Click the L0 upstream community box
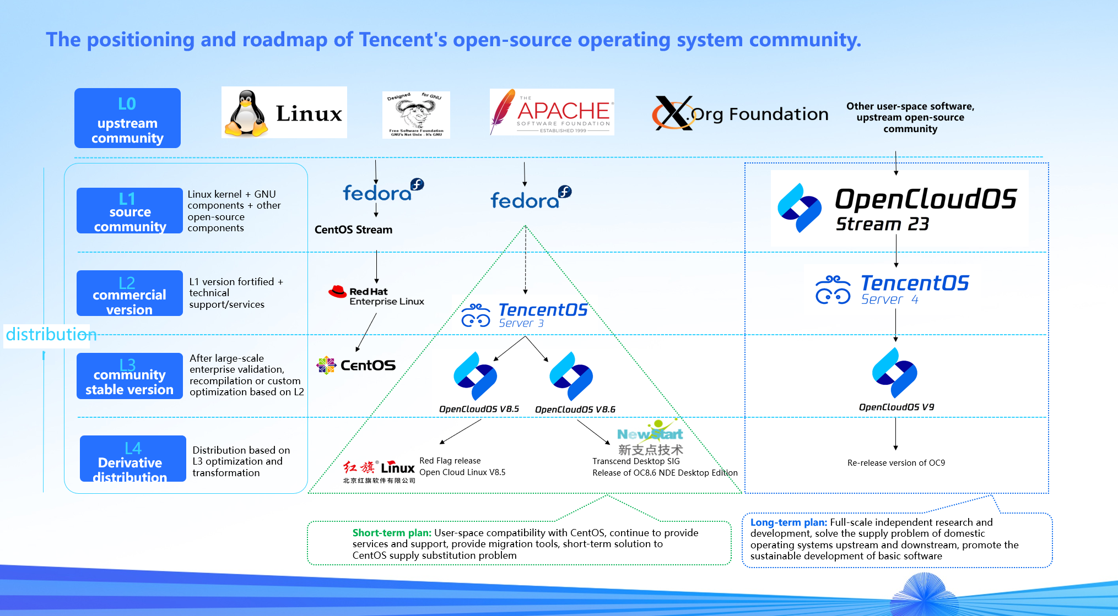click(127, 118)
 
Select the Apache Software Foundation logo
click(552, 112)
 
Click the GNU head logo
click(416, 115)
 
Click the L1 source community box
click(129, 211)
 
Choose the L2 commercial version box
click(129, 293)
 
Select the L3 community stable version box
click(129, 376)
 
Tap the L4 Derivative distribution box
click(133, 459)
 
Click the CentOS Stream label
click(353, 230)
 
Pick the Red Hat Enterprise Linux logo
click(376, 296)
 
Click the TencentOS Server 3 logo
click(525, 315)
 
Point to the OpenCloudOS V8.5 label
click(479, 409)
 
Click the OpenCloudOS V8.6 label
click(575, 410)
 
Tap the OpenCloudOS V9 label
click(896, 407)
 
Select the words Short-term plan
click(392, 533)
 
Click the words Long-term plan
click(788, 522)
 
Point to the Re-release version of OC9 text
click(896, 463)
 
